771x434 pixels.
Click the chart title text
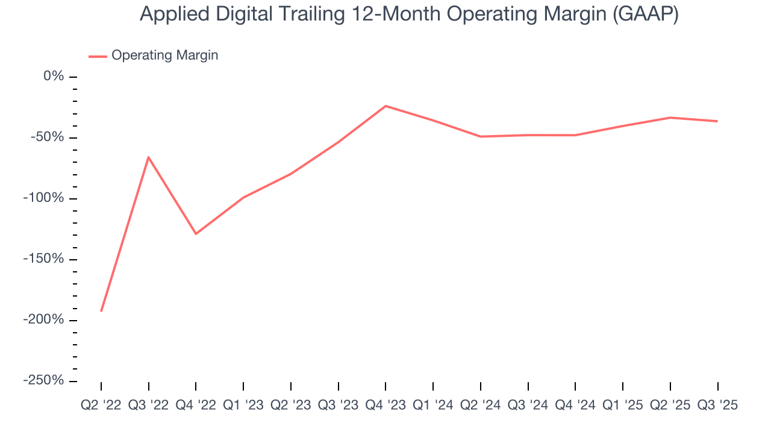click(x=409, y=14)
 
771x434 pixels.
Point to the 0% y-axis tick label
click(x=53, y=77)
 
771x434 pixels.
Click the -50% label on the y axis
click(x=48, y=137)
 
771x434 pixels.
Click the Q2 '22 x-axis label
click(x=101, y=406)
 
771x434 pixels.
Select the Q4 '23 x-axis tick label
click(x=385, y=406)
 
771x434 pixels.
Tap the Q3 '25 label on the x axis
click(x=717, y=406)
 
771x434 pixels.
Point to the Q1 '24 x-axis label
click(x=433, y=406)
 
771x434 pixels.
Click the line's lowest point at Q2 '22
click(x=101, y=311)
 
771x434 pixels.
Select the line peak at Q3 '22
click(x=148, y=157)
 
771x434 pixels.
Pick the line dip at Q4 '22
click(x=196, y=234)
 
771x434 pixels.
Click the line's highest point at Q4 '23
click(x=385, y=106)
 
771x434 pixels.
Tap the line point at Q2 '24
click(x=481, y=136)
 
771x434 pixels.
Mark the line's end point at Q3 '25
click(x=717, y=121)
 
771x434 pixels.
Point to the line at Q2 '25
click(x=670, y=118)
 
